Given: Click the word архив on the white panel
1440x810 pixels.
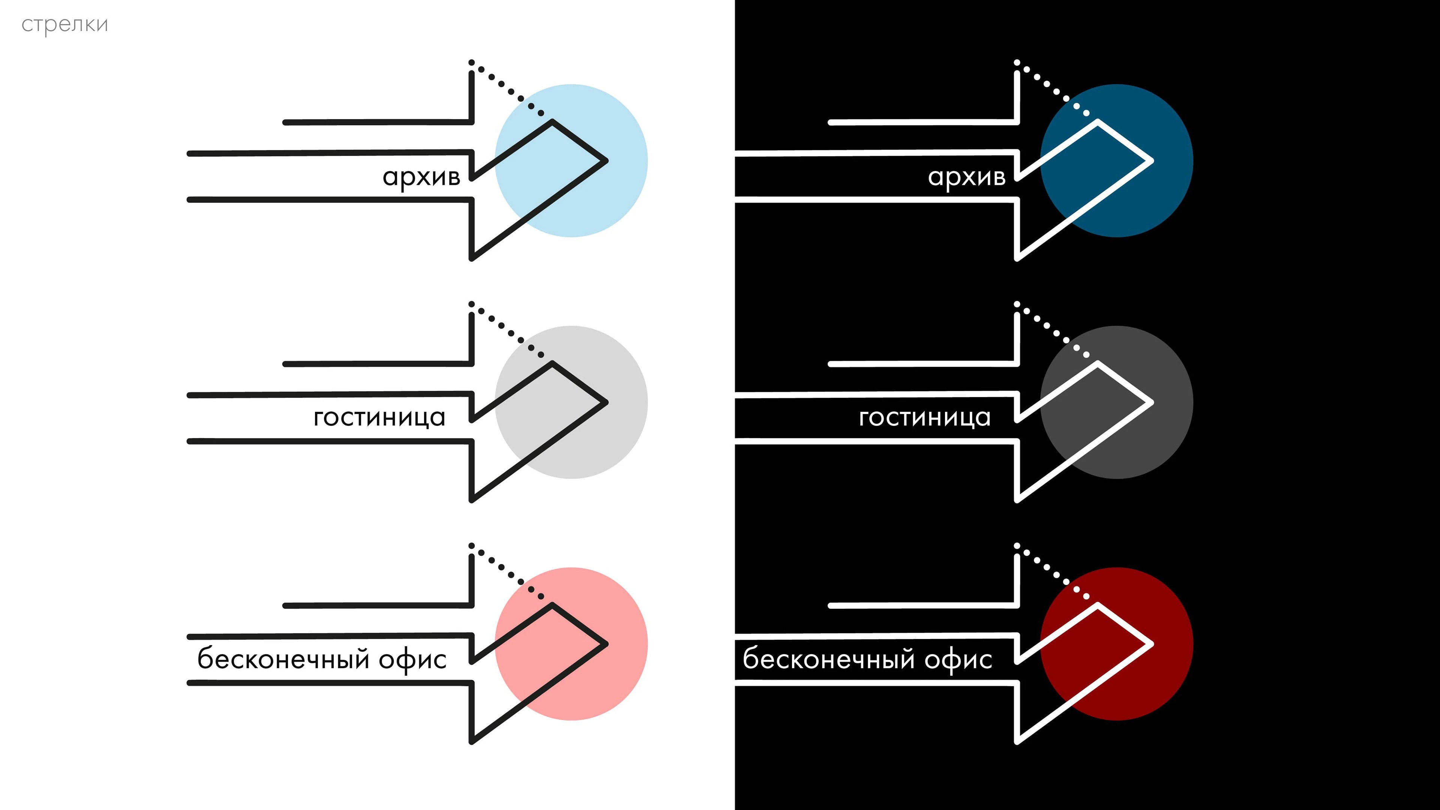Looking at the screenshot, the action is coord(421,178).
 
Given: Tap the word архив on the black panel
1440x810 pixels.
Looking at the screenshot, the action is coord(966,178).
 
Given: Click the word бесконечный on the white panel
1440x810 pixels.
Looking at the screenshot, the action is coord(284,658).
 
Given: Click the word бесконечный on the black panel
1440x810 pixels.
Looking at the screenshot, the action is coord(829,658).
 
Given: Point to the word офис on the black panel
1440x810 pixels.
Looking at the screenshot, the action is coord(958,660).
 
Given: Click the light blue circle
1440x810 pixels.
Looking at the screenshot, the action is coord(571,161).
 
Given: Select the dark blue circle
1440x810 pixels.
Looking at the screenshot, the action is coord(1116,161).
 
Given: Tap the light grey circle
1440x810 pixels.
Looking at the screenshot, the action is coord(571,402).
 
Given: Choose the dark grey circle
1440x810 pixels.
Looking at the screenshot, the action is coord(1116,402).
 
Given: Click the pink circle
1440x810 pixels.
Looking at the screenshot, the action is coord(571,644).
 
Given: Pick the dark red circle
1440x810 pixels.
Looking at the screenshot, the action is coord(1116,644).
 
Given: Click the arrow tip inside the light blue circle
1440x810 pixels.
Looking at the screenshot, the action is coord(606,161).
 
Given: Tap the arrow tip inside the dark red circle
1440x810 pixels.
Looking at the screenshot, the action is coord(1152,644).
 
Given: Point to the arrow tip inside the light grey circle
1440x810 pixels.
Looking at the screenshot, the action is coord(606,402).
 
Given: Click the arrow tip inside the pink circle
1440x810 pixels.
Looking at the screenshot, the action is coord(606,644).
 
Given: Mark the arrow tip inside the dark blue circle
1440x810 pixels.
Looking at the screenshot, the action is coord(1152,161).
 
